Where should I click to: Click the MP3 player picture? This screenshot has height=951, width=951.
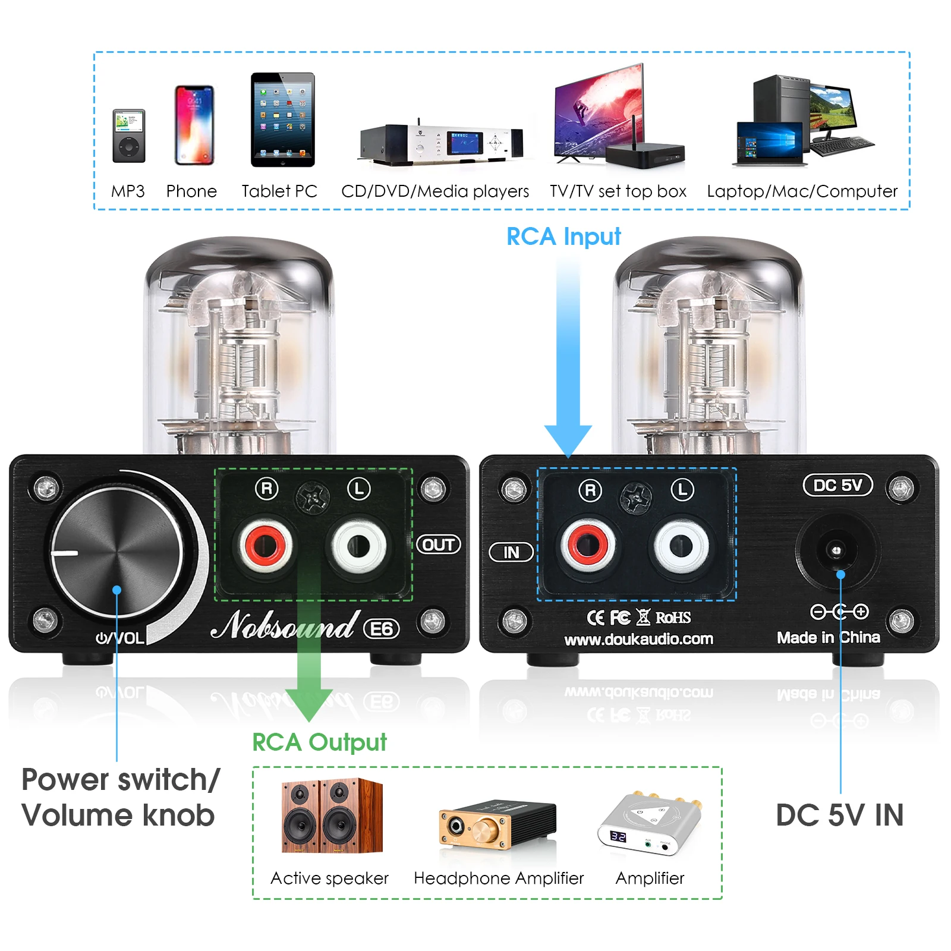[129, 136]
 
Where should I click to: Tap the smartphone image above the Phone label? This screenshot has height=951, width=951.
[194, 125]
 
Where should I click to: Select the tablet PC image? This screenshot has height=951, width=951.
[282, 119]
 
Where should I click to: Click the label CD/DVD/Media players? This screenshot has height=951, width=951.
[434, 191]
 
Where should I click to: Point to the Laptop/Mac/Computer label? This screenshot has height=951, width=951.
[802, 191]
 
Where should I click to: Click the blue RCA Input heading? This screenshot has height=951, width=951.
[563, 237]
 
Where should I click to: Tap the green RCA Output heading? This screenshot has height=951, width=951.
[319, 742]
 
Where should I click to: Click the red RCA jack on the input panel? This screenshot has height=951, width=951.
[588, 545]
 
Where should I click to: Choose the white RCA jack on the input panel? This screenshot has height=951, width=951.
[681, 546]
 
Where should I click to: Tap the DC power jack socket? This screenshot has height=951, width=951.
[836, 550]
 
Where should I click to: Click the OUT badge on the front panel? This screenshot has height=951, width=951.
[439, 544]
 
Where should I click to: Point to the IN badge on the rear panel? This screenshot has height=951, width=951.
[511, 552]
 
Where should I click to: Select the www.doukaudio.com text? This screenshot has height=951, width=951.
[638, 640]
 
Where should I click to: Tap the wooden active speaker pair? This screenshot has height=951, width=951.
[332, 815]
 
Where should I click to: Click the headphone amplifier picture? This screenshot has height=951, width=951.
[497, 824]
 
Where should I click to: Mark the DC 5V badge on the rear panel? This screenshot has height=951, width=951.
[837, 485]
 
